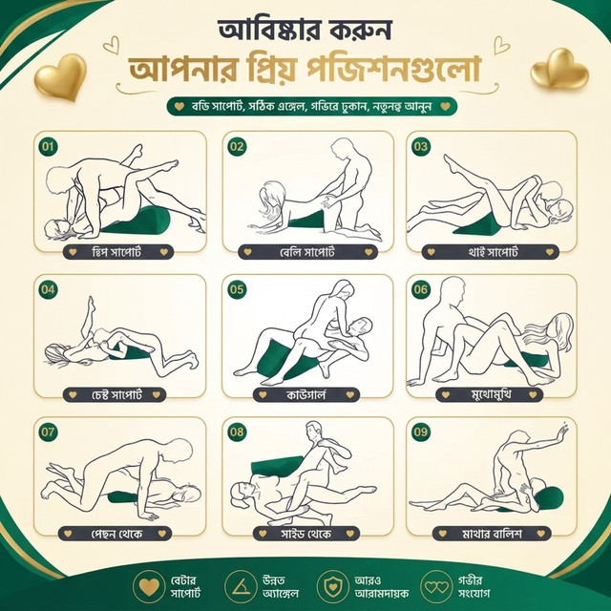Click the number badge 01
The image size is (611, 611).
(48, 146)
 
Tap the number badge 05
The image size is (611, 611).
(236, 289)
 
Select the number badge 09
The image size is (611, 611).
(420, 432)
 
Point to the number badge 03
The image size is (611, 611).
(420, 146)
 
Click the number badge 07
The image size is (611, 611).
(48, 432)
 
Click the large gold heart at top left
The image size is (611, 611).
(61, 76)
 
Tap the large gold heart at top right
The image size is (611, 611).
(558, 69)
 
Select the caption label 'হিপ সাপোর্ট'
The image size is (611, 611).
(118, 252)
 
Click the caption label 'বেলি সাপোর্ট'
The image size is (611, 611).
(307, 252)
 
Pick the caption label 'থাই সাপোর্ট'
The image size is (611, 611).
(490, 252)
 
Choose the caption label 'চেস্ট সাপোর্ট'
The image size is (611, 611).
(115, 394)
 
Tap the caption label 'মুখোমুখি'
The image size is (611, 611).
(490, 394)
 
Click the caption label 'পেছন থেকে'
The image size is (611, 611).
(115, 534)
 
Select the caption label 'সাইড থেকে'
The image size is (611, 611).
(306, 534)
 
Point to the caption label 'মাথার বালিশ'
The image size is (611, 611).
(492, 534)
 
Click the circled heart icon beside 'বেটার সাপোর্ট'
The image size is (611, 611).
(149, 587)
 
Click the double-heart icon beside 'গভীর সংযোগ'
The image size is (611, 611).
(436, 587)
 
